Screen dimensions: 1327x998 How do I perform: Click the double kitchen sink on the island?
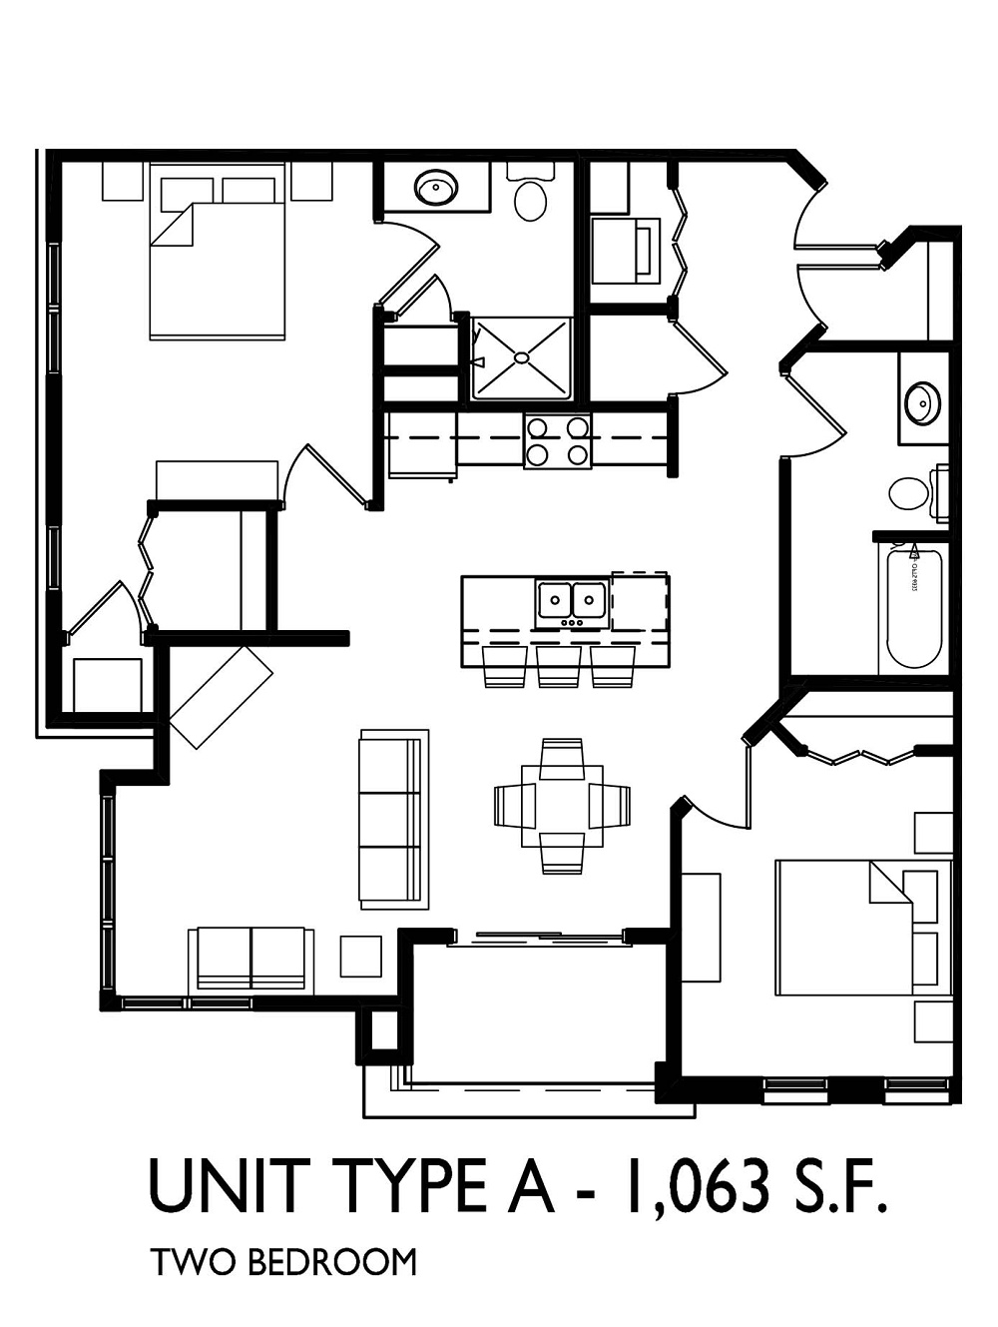pos(572,602)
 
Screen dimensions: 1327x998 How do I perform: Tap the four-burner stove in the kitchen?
pos(557,440)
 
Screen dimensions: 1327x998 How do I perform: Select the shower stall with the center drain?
pos(521,356)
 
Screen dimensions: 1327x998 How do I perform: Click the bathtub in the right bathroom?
pos(914,609)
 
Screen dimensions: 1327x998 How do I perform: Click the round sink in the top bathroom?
pos(436,187)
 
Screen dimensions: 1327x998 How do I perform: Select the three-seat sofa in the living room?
pos(393,819)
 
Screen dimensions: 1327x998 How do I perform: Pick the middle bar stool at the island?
pos(559,666)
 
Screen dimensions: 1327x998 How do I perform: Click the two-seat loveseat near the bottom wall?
pos(250,957)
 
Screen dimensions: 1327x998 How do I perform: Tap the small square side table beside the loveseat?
pos(360,956)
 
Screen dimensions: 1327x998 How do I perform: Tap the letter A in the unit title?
pos(533,1185)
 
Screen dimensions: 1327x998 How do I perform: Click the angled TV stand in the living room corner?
pos(222,697)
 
